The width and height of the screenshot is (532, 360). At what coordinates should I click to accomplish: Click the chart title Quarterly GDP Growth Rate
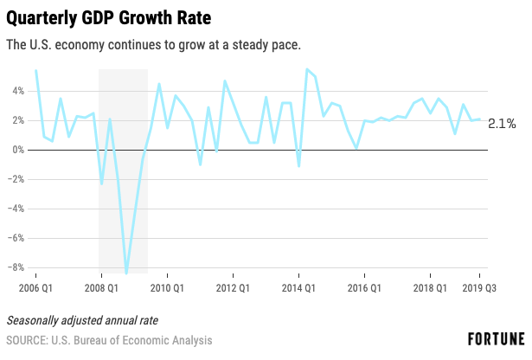[x=109, y=18]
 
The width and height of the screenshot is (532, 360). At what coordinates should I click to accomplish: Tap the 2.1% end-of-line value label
[x=502, y=124]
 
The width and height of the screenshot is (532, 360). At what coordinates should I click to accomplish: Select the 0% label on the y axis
[x=18, y=150]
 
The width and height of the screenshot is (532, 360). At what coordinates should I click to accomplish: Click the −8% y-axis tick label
[x=16, y=267]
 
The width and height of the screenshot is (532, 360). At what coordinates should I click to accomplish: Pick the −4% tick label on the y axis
[x=16, y=209]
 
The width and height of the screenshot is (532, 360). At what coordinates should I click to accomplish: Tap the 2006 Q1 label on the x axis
[x=35, y=288]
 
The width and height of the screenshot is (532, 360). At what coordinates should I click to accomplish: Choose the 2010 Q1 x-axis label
[x=167, y=288]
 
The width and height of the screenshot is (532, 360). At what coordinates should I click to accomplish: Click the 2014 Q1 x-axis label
[x=298, y=288]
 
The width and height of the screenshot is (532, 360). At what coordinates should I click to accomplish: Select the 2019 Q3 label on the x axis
[x=479, y=288]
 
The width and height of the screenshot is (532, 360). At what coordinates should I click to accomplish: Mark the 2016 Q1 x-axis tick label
[x=364, y=288]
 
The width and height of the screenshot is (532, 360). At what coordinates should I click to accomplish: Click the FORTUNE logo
[x=497, y=339]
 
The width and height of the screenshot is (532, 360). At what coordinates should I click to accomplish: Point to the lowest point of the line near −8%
[x=126, y=273]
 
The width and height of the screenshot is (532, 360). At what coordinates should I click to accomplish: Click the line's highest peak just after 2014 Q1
[x=307, y=69]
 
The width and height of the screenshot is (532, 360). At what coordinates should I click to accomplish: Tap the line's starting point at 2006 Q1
[x=36, y=71]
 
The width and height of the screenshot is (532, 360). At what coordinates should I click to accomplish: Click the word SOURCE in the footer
[x=27, y=340]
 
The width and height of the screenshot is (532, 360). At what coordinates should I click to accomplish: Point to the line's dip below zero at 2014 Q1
[x=299, y=166]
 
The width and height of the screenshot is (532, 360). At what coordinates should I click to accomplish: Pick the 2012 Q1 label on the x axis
[x=233, y=288]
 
